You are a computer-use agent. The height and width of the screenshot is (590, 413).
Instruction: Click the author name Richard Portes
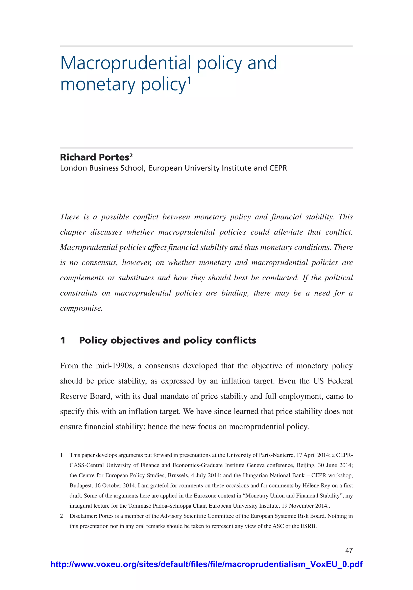click(94, 157)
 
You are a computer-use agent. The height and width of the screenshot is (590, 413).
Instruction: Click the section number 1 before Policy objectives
click(63, 340)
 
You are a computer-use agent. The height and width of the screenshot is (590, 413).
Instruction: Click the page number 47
click(349, 550)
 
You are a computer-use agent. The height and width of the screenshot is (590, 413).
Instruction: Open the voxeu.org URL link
click(206, 564)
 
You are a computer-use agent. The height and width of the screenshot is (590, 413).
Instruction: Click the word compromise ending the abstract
click(81, 308)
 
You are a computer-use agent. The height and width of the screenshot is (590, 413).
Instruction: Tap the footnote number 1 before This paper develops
click(62, 455)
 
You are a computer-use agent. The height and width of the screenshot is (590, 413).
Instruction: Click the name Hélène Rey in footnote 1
click(316, 485)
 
